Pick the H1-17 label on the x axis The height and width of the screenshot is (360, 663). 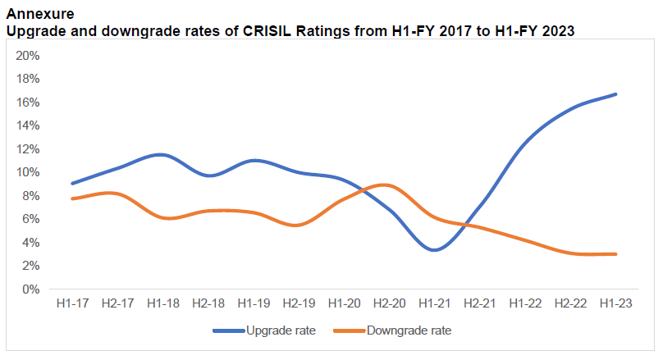pyautogui.click(x=73, y=303)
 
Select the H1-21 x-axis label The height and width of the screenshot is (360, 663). pyautogui.click(x=435, y=303)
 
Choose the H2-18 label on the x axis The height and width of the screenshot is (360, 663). pyautogui.click(x=208, y=303)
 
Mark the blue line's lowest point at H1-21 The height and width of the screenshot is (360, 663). pyautogui.click(x=435, y=250)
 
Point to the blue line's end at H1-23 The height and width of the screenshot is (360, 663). pyautogui.click(x=615, y=94)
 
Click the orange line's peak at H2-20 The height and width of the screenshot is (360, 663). pyautogui.click(x=387, y=185)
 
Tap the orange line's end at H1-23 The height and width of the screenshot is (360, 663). pyautogui.click(x=615, y=254)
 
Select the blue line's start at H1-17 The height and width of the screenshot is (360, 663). pyautogui.click(x=73, y=184)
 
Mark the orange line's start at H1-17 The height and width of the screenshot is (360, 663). pyautogui.click(x=73, y=198)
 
